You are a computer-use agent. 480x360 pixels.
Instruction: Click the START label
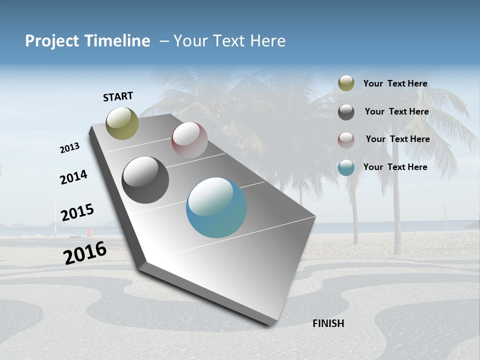coord(118,96)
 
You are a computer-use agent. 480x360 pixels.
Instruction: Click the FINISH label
coord(328,323)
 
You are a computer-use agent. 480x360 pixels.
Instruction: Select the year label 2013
coord(69,148)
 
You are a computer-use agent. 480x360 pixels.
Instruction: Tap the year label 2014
coord(73,177)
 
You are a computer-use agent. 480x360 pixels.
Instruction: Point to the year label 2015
coord(77,212)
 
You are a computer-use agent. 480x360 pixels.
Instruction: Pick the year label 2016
coord(84,252)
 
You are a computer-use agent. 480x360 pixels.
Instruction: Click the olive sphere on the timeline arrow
coord(122,123)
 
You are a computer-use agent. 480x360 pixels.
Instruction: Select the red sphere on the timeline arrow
coord(189,139)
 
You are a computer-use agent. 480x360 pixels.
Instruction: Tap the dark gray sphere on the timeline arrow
coord(145,180)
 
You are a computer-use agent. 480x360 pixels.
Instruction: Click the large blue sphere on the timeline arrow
coord(216,207)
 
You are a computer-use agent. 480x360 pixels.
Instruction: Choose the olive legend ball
coord(346,83)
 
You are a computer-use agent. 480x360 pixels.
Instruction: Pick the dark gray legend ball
coord(346,112)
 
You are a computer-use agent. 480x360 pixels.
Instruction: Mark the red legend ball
coord(346,140)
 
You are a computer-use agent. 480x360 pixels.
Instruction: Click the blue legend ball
coord(346,167)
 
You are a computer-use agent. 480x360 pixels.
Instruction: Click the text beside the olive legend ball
coord(395,83)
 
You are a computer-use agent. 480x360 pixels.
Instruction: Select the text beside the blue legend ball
coord(395,167)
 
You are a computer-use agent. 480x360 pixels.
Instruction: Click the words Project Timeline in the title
coord(87,41)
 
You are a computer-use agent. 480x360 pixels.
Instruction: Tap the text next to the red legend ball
coord(397,139)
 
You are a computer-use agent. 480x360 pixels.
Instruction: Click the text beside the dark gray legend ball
coord(396,111)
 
